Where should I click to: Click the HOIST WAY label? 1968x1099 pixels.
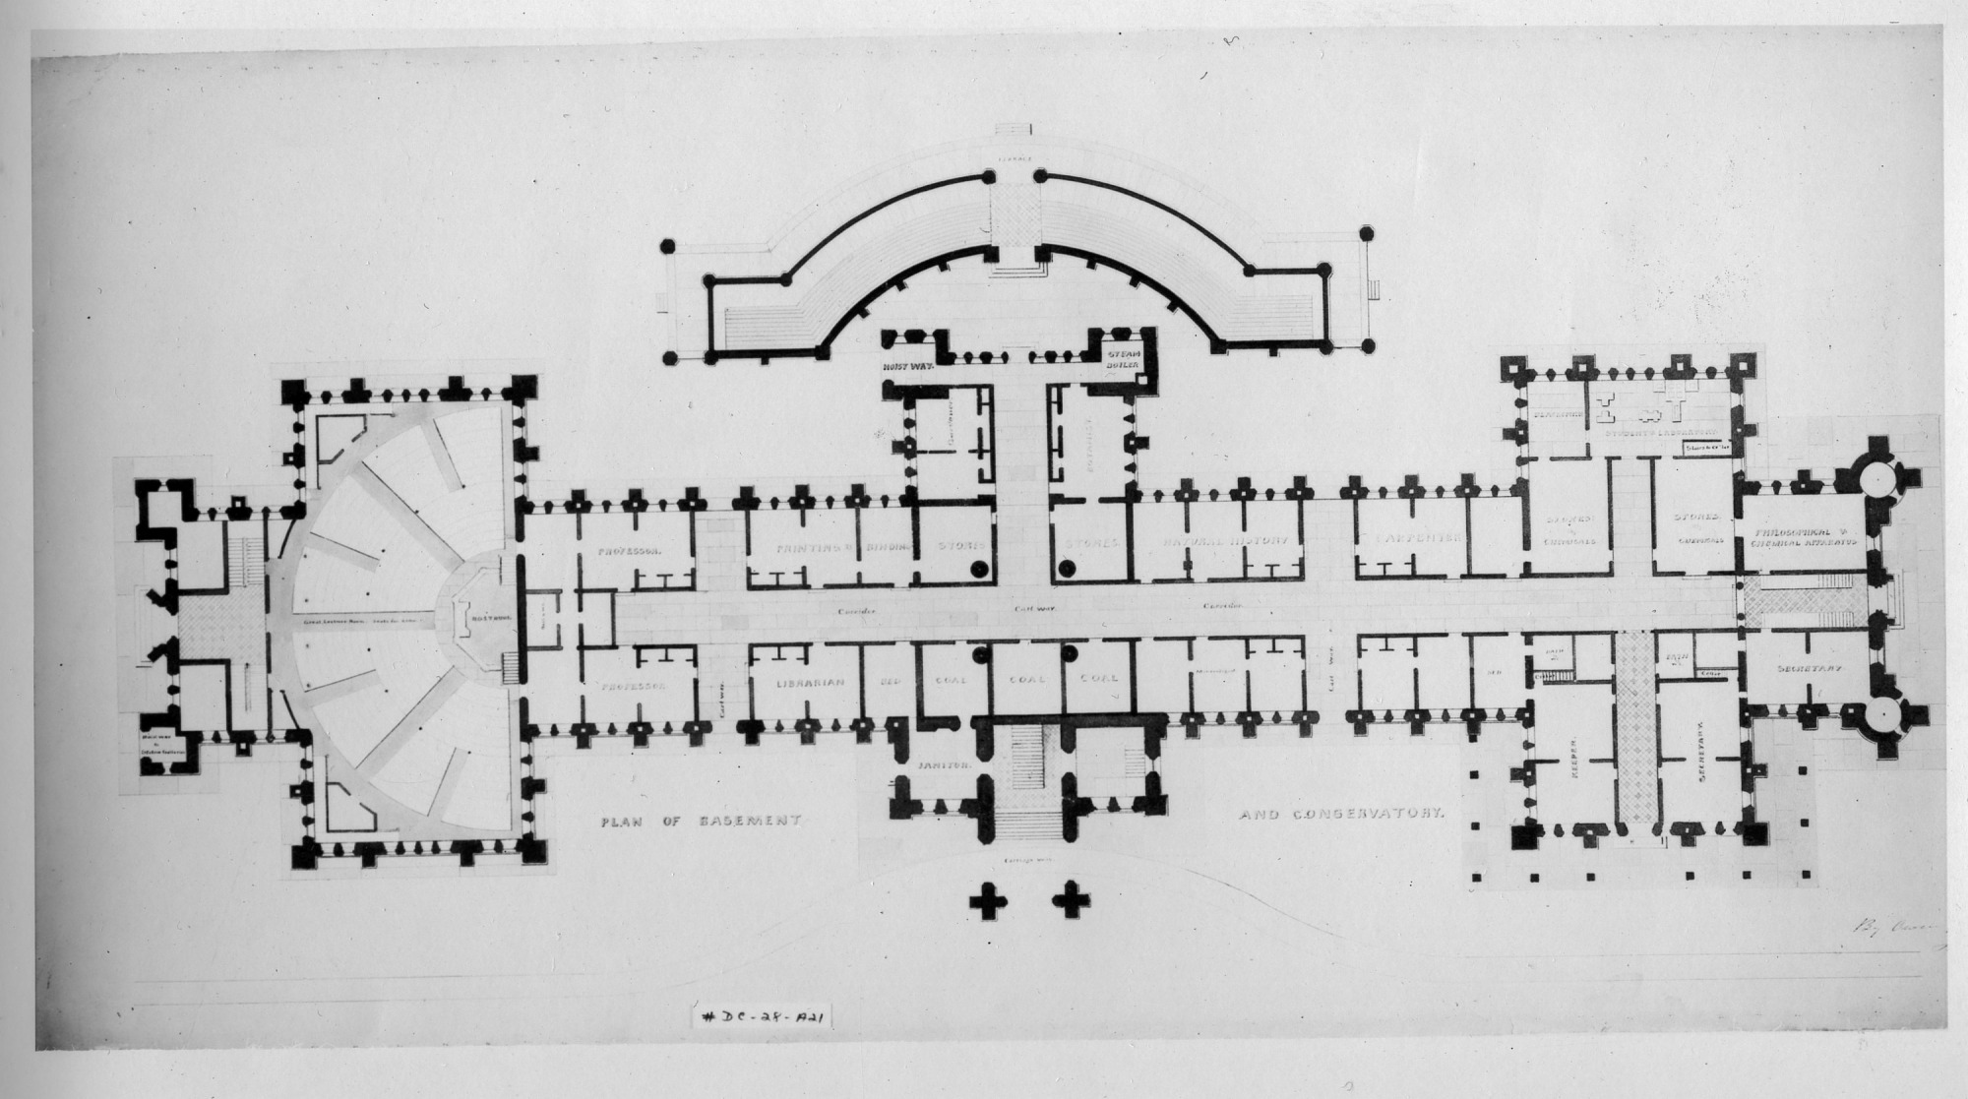pyautogui.click(x=909, y=361)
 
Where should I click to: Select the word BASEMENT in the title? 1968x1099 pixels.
pyautogui.click(x=750, y=820)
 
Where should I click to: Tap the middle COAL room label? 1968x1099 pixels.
pyautogui.click(x=1025, y=679)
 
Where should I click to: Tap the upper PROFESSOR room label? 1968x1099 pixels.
pyautogui.click(x=629, y=552)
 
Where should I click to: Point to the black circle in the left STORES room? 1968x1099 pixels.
pyautogui.click(x=979, y=569)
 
